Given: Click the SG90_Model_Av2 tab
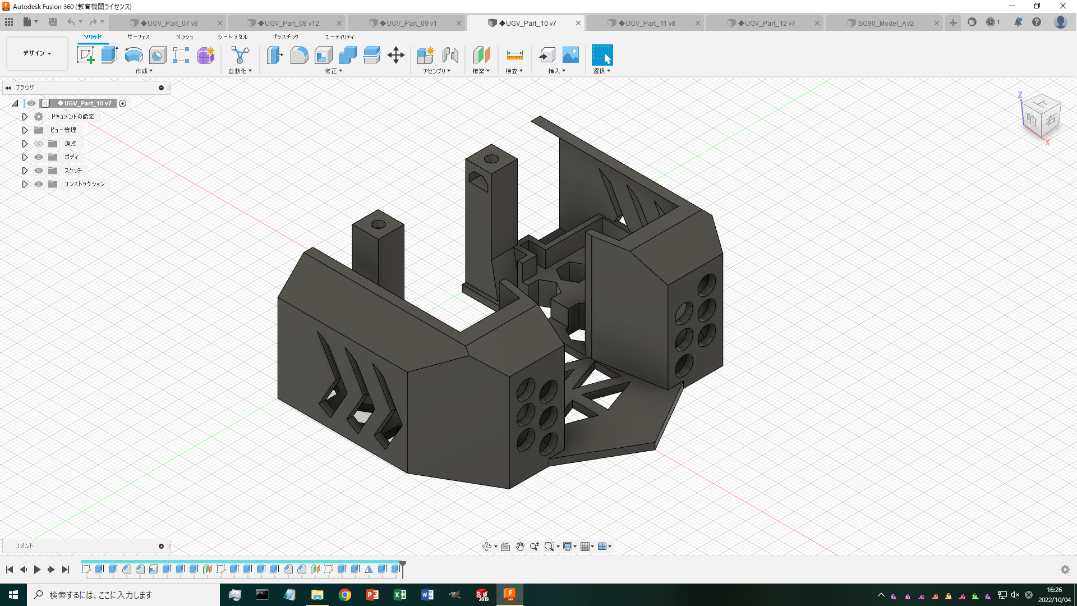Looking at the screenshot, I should click(885, 23).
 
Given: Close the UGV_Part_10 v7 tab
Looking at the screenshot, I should click(578, 23).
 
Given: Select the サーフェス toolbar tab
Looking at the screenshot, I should click(138, 37).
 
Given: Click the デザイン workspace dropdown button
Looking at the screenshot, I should click(37, 53).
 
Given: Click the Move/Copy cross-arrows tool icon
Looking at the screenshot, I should click(396, 55).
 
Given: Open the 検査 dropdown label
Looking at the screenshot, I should click(514, 71).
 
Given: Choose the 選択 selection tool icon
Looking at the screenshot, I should click(602, 55).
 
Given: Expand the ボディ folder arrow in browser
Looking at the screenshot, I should click(25, 157).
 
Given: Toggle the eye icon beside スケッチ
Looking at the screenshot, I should click(39, 171).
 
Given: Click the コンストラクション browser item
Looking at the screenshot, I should click(84, 184).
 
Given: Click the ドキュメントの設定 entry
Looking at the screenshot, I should click(73, 117).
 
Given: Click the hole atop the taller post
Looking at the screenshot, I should click(491, 159).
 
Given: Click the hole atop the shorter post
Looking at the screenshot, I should click(378, 224).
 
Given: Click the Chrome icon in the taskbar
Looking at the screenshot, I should click(345, 595).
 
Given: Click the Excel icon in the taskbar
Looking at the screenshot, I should click(400, 595).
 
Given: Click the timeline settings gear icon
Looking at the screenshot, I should click(1065, 570).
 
